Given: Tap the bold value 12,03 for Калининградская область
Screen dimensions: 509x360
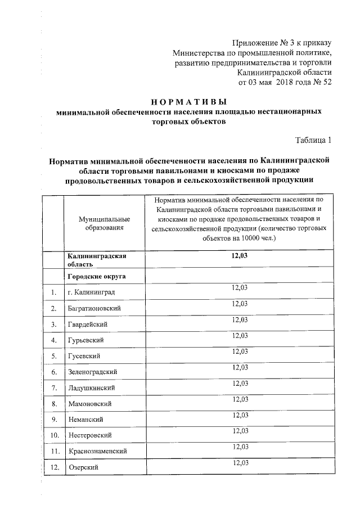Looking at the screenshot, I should click(x=240, y=256).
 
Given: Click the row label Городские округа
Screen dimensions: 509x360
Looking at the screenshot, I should click(x=96, y=277).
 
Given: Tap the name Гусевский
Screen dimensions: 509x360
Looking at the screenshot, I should click(x=84, y=356).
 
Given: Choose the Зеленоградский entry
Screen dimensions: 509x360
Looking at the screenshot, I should click(x=92, y=372).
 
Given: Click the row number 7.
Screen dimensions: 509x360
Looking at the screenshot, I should click(x=53, y=388).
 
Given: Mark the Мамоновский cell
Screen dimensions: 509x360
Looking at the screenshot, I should click(x=89, y=404).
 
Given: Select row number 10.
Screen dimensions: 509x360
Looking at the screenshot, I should click(x=53, y=435).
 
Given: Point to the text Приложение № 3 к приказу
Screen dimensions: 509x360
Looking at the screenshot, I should click(x=282, y=43).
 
